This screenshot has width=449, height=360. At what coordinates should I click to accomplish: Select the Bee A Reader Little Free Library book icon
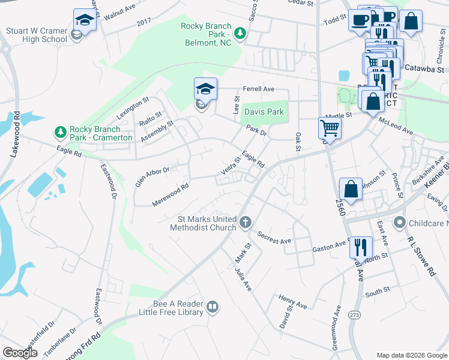212,308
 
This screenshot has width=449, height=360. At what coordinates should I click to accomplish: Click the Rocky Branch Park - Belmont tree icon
240,32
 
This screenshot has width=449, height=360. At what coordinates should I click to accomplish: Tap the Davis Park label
263,112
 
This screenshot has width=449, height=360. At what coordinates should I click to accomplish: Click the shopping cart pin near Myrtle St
330,127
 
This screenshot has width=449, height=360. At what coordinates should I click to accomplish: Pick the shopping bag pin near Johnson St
351,188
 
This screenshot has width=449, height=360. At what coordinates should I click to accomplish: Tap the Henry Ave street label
292,301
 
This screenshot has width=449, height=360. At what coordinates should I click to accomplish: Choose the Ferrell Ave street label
258,89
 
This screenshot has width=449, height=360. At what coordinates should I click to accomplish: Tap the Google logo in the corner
20,353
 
